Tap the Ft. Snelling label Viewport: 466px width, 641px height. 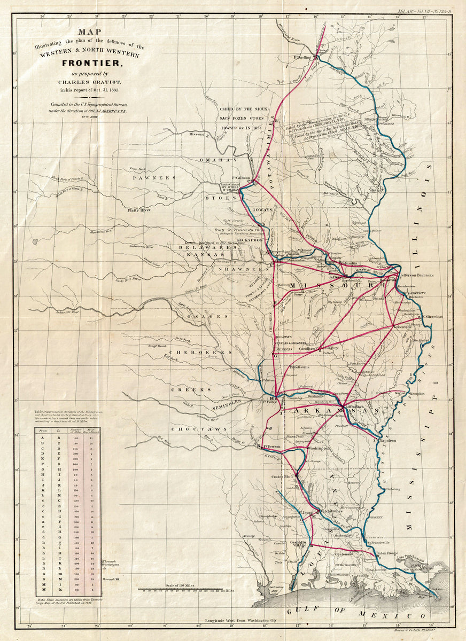(302, 57)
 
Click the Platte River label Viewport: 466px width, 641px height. (138, 210)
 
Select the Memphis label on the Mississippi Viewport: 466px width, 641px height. (417, 394)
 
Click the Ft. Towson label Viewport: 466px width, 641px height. (273, 446)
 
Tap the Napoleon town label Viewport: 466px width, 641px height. (388, 441)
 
